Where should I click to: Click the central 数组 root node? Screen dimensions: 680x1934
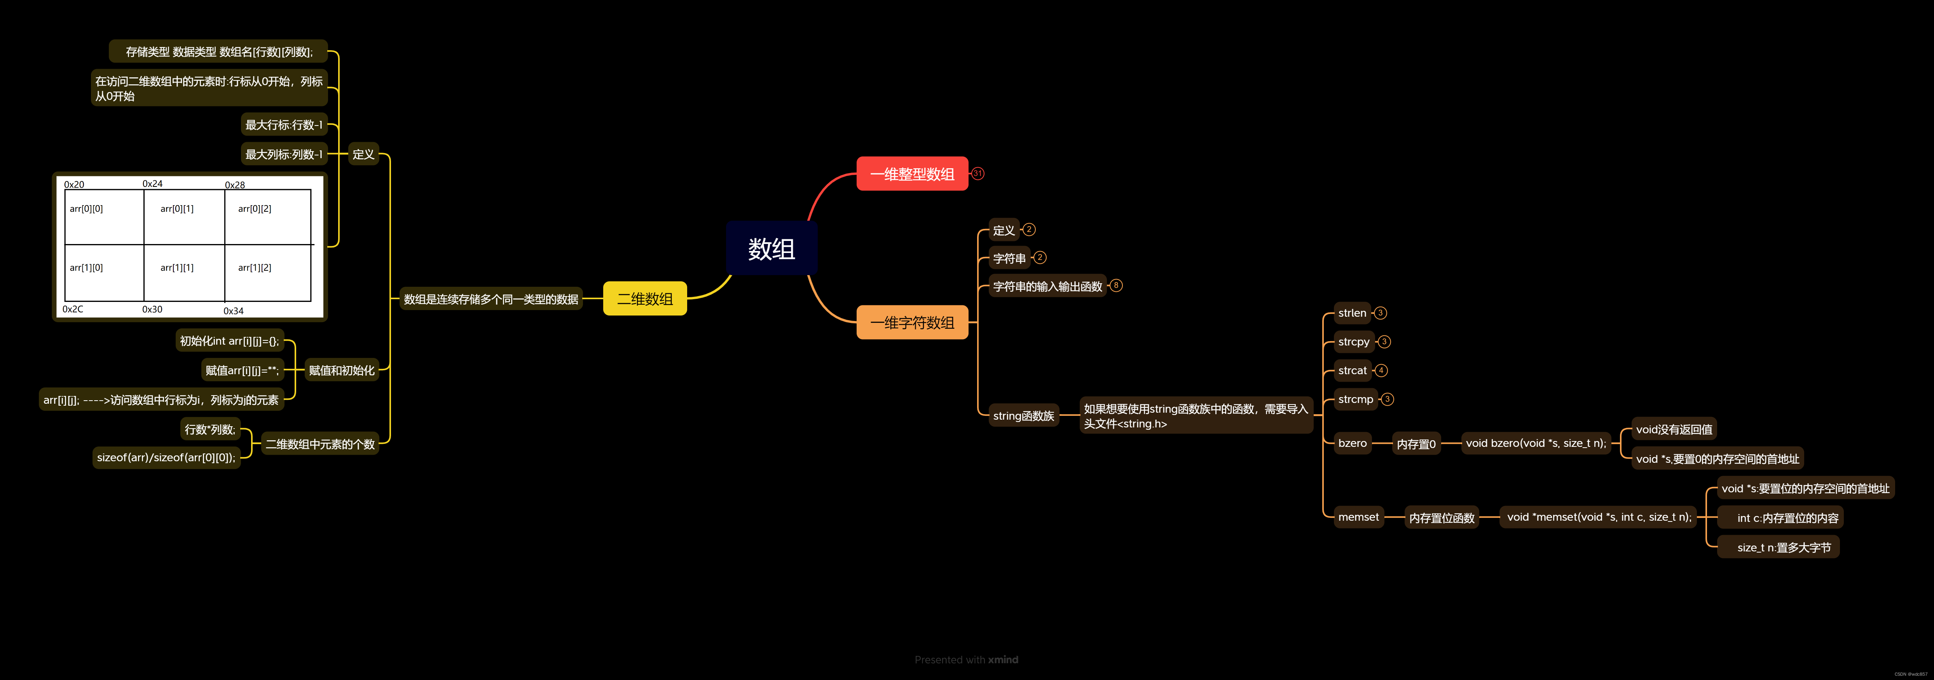[x=771, y=248]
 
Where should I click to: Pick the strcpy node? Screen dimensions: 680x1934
[x=1354, y=342]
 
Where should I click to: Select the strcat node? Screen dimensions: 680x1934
[x=1352, y=370]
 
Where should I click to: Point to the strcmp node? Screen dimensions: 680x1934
[x=1355, y=399]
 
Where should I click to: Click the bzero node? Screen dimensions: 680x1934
[x=1352, y=443]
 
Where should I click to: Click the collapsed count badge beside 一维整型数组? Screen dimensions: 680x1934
[x=977, y=173]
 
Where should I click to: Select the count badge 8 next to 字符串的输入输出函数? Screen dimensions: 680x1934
[x=1115, y=285]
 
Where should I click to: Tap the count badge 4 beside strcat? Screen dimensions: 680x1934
[x=1381, y=370]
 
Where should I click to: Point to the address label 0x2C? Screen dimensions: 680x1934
[x=73, y=309]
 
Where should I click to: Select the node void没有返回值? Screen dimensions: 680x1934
[x=1674, y=429]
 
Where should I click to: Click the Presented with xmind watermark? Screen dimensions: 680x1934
[x=966, y=660]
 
